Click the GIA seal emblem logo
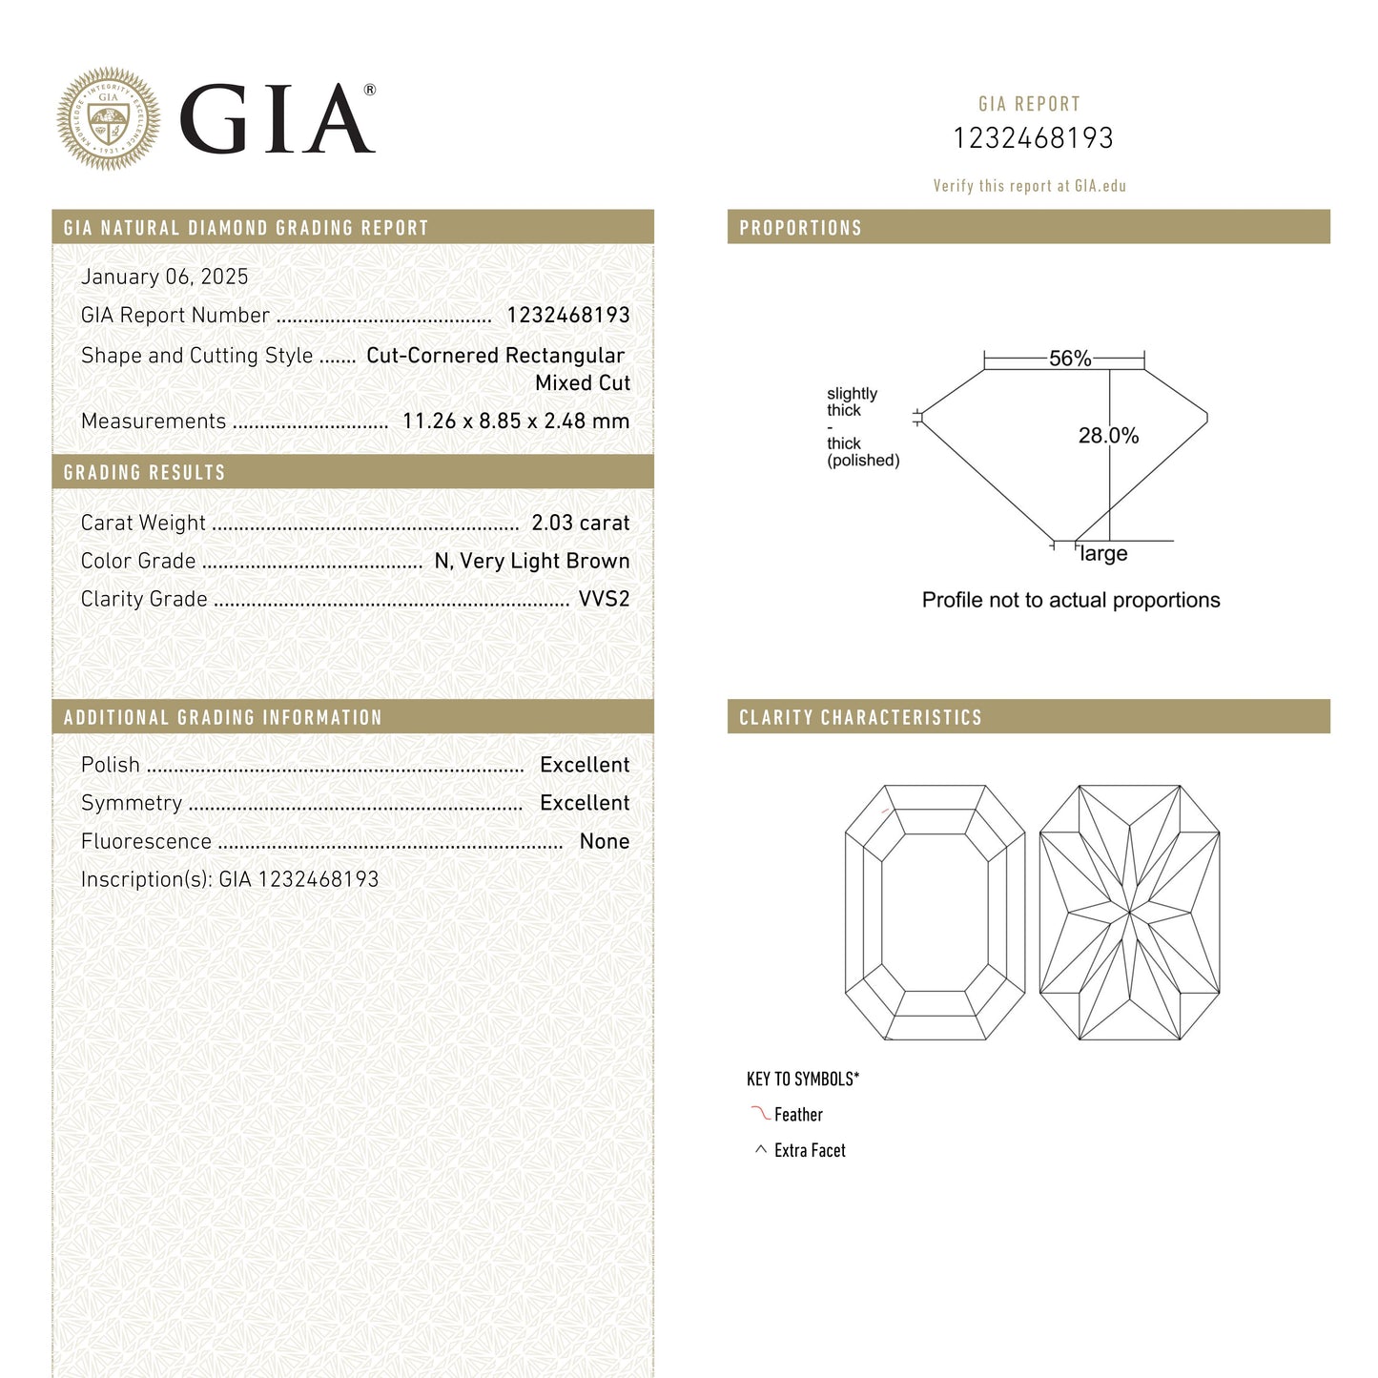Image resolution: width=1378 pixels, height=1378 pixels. point(108,119)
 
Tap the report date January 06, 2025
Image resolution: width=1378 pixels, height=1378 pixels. point(164,277)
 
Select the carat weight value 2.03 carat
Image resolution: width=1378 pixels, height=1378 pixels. point(580,523)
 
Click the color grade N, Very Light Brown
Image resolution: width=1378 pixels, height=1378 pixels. point(531,561)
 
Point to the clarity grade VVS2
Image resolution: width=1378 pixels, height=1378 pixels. point(604,599)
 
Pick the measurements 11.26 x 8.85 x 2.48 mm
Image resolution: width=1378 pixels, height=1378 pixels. point(515,421)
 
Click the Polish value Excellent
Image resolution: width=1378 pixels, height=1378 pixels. point(584,765)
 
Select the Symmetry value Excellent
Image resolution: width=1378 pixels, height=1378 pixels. point(584,803)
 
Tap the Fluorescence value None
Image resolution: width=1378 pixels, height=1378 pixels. point(604,841)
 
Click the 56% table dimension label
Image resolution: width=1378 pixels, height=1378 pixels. point(1069,359)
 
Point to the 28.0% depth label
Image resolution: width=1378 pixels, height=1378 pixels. point(1108,436)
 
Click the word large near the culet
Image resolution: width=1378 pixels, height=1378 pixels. point(1103,554)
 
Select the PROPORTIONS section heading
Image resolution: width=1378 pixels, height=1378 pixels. point(800,228)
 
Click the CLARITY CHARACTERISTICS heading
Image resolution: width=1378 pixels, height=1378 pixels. point(860,717)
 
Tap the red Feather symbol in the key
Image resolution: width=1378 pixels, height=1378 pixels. point(760,1113)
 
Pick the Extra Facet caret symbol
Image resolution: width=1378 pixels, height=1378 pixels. point(760,1150)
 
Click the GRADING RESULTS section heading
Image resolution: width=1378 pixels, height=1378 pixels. point(144,472)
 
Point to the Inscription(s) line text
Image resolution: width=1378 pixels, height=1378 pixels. point(229,879)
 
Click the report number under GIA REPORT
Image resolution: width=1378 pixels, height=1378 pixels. point(1033,138)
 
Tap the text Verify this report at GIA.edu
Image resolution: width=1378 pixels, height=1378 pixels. point(1029,186)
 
